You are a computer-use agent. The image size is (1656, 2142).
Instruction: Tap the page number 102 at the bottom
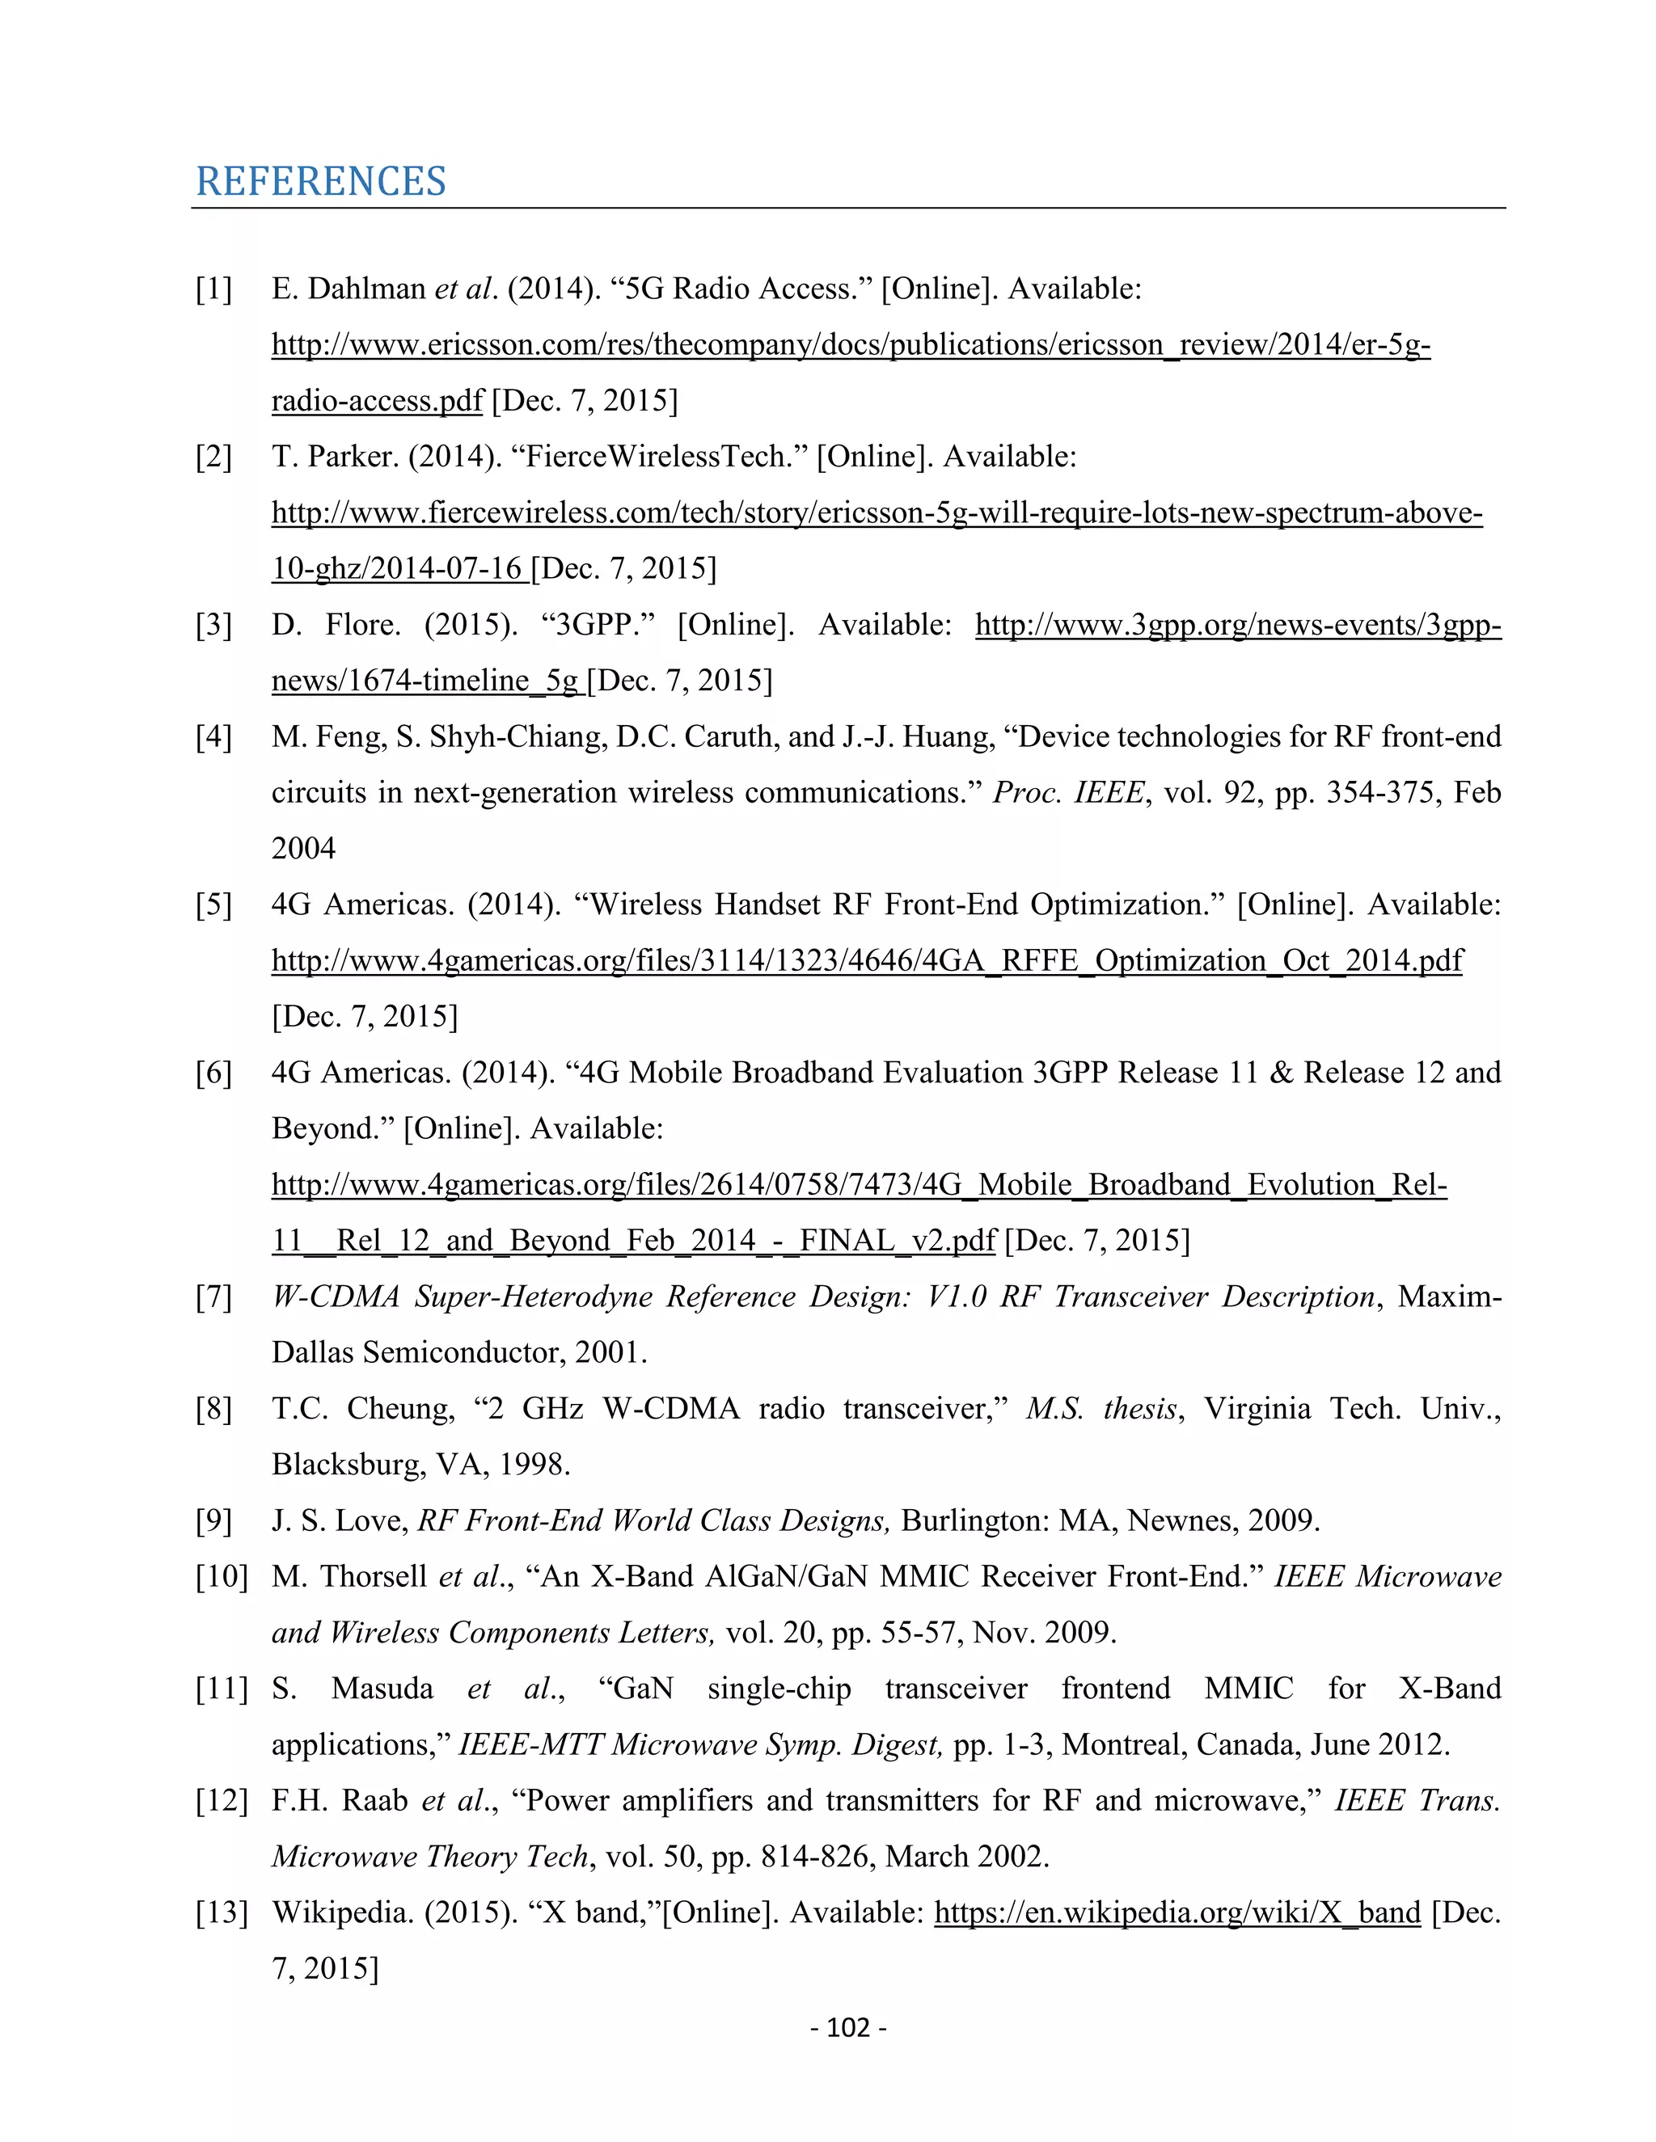pyautogui.click(x=848, y=2027)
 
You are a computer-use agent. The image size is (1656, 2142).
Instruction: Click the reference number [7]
pyautogui.click(x=213, y=1297)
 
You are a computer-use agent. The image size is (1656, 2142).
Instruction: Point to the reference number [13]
pyautogui.click(x=221, y=1912)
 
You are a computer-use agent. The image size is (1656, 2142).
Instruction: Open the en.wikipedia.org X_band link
pyautogui.click(x=1177, y=1912)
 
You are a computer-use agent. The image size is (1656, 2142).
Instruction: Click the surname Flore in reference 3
pyautogui.click(x=363, y=625)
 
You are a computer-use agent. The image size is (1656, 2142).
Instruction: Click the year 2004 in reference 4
pyautogui.click(x=303, y=849)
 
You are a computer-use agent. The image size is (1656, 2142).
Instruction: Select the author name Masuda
pyautogui.click(x=382, y=1688)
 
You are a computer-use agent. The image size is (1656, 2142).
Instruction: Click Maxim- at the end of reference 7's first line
pyautogui.click(x=1449, y=1297)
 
